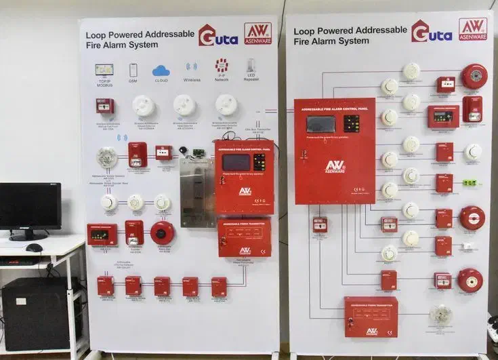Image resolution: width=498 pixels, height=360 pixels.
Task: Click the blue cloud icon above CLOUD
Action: tap(161, 70)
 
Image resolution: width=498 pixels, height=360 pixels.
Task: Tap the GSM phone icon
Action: tap(133, 70)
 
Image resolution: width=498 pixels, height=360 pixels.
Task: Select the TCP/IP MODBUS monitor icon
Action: tap(104, 69)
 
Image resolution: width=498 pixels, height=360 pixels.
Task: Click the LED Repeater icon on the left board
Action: tap(251, 66)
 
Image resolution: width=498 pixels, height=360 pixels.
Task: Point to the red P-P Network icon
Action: tap(222, 66)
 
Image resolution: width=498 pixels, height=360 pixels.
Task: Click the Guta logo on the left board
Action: tap(217, 35)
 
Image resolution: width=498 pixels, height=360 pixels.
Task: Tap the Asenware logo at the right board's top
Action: tap(472, 28)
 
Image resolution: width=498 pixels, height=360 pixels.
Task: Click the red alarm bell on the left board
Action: tap(163, 233)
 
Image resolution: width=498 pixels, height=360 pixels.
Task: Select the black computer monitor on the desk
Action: tap(30, 207)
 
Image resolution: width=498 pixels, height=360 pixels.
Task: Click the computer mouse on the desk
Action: tap(34, 247)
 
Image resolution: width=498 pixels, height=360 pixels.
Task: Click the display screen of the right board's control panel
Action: tap(320, 124)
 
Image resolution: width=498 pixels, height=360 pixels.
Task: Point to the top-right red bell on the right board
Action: tap(474, 76)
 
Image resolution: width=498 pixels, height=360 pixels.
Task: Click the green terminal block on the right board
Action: tap(469, 182)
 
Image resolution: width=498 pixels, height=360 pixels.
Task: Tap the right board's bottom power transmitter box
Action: tap(371, 316)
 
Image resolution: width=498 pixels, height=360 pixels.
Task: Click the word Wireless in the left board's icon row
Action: tap(192, 79)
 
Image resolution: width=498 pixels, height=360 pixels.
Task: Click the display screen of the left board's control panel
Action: tap(236, 162)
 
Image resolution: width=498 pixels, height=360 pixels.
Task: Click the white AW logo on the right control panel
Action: tap(334, 166)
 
